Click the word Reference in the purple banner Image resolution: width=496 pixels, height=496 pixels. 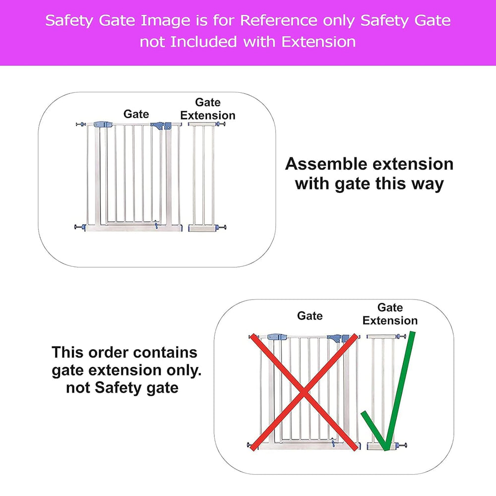tap(278, 20)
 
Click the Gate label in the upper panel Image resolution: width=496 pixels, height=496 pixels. tap(136, 114)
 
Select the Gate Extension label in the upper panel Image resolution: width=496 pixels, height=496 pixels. tap(208, 109)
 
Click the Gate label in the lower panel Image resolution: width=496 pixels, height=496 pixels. tap(310, 315)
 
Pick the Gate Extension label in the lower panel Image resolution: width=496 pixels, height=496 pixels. tap(390, 314)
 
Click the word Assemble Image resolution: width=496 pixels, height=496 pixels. tap(326, 164)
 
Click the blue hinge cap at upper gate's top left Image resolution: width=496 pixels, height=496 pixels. tap(103, 124)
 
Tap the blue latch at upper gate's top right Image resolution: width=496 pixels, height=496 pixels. tap(161, 126)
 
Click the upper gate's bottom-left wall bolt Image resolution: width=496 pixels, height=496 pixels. tap(80, 227)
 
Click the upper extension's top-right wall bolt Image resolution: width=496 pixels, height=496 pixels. tap(221, 124)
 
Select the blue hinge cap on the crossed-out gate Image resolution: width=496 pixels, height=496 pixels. tap(277, 337)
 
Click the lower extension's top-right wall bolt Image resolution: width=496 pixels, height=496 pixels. tap(401, 336)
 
